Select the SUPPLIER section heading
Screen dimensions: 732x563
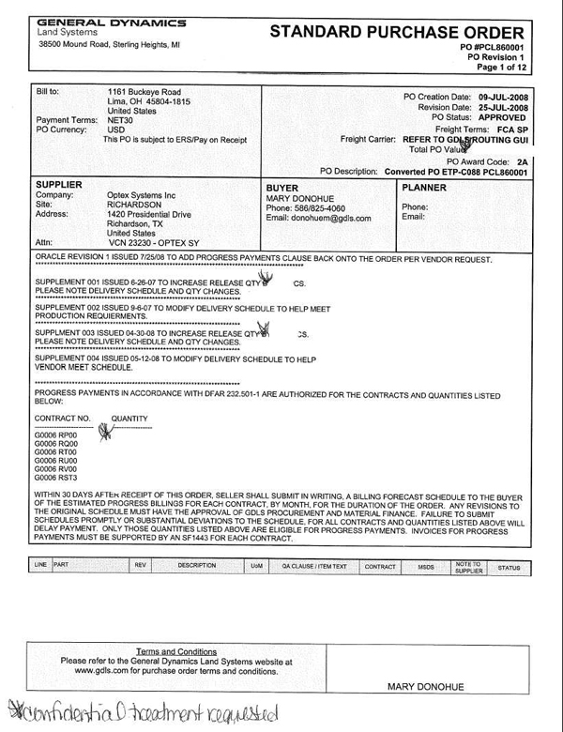tap(59, 183)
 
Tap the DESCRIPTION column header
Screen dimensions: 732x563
tap(198, 566)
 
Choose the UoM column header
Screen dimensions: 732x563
tap(256, 566)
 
